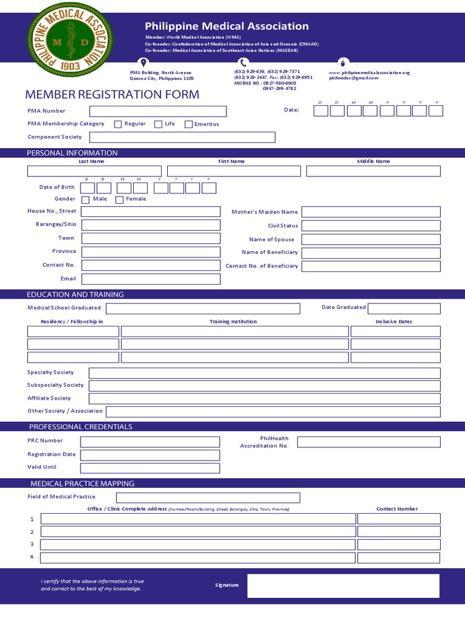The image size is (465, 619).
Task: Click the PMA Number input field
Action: pos(158,111)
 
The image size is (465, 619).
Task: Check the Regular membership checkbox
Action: pos(118,124)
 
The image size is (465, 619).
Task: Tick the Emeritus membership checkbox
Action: pos(189,125)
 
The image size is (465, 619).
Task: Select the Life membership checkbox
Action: pos(159,124)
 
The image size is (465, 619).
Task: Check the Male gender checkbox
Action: pos(85,199)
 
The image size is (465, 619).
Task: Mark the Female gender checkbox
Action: pos(119,199)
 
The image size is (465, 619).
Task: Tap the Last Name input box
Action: pos(94,171)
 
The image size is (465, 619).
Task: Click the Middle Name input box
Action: pos(373,171)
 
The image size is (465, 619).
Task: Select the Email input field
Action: pos(151,279)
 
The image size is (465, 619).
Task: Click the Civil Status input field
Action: pos(371,226)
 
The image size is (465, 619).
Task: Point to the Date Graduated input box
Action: pos(404,309)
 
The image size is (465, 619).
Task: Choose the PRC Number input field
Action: pos(150,441)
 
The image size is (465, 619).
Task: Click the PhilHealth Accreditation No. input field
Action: pos(368,442)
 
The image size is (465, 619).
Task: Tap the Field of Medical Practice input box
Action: pos(208,497)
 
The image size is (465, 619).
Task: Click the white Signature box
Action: pos(343,586)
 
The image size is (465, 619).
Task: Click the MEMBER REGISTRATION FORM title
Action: pos(112,95)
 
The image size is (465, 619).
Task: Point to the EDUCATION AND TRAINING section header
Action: pos(75,294)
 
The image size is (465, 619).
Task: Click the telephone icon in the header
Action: pos(243,63)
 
